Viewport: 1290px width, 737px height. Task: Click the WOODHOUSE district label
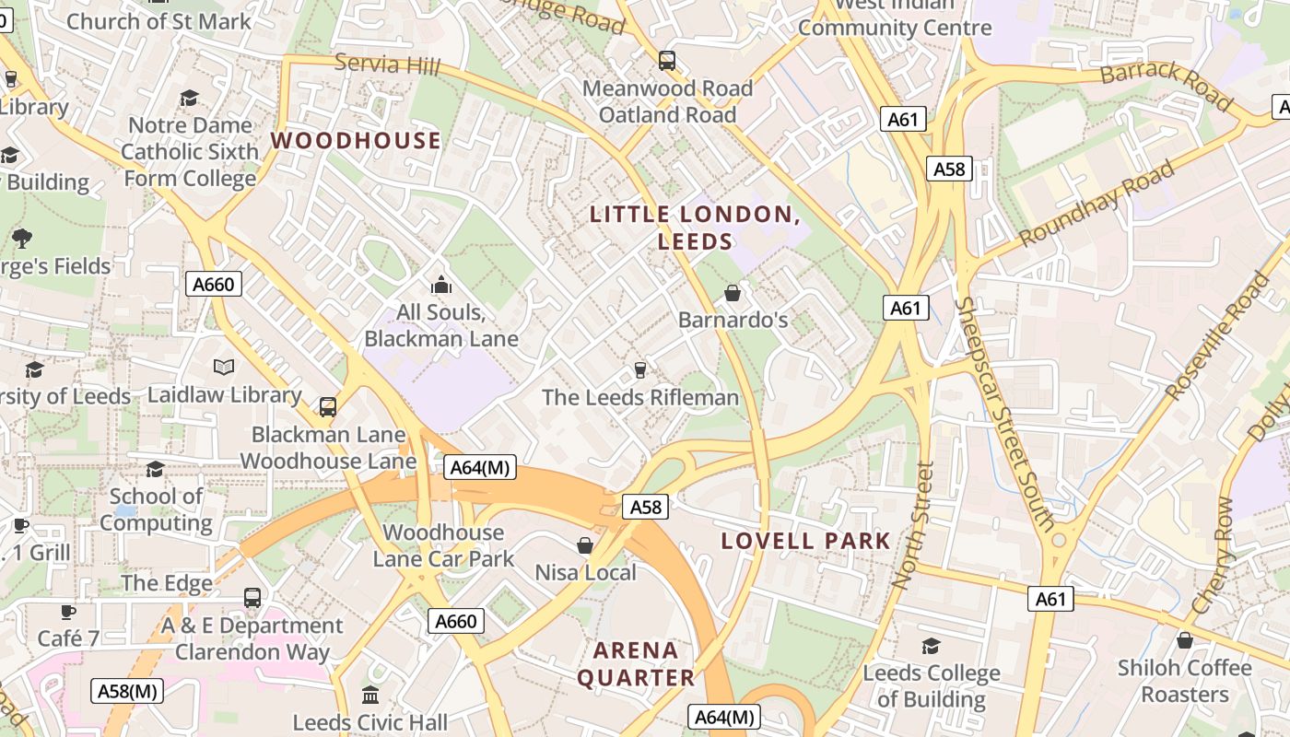(x=356, y=141)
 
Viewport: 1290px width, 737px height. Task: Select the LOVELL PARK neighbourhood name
(x=805, y=541)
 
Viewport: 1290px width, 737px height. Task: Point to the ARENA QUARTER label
(x=636, y=664)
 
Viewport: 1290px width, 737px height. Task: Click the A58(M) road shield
(x=129, y=690)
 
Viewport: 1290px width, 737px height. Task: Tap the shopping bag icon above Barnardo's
(x=733, y=293)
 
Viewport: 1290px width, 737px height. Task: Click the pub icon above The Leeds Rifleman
(x=640, y=370)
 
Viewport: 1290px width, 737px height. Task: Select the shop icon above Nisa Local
(x=585, y=545)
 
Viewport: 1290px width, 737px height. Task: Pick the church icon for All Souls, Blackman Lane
(x=441, y=285)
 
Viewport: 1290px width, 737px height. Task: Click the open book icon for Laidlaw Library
(x=224, y=368)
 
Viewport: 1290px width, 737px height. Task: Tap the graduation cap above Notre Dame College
(x=190, y=98)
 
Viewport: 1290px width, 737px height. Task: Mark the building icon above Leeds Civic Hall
(x=370, y=694)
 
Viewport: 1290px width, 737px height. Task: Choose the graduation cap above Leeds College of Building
(x=931, y=646)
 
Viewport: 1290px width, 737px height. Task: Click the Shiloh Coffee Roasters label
(x=1184, y=680)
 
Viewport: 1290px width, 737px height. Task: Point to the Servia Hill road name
(x=387, y=64)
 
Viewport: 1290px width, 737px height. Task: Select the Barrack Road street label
(x=1166, y=85)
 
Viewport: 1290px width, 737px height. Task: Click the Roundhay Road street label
(x=1096, y=204)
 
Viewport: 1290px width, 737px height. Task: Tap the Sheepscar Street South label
(x=1004, y=414)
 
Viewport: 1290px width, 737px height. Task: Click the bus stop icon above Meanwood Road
(x=667, y=61)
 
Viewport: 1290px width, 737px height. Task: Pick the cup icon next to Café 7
(x=67, y=612)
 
